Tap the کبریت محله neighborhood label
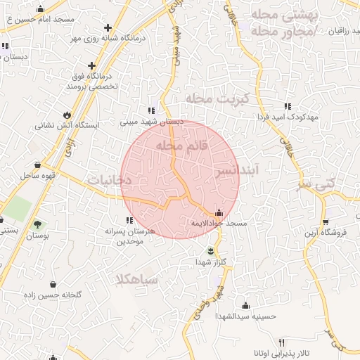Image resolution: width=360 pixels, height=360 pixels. pyautogui.click(x=218, y=99)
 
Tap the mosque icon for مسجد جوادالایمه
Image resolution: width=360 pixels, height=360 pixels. pyautogui.click(x=219, y=213)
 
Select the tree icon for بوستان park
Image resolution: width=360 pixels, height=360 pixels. pyautogui.click(x=37, y=225)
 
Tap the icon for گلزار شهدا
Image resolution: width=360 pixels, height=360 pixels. pyautogui.click(x=211, y=250)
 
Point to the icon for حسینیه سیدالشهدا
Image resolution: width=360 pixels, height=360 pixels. pyautogui.click(x=245, y=305)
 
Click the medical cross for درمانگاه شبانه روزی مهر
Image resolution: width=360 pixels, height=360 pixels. pyautogui.click(x=107, y=27)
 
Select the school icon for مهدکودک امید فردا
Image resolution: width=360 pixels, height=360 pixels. pyautogui.click(x=288, y=106)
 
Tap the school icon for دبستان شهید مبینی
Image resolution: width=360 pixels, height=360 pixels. pyautogui.click(x=151, y=110)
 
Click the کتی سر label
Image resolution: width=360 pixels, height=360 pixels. pyautogui.click(x=341, y=182)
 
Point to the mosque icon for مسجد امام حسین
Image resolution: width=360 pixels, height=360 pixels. pyautogui.click(x=40, y=9)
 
